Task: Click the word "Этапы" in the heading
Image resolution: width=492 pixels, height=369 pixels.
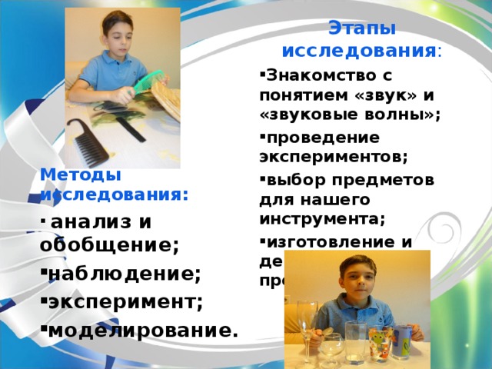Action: [361, 29]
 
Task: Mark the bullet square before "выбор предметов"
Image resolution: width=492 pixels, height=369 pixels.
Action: [263, 178]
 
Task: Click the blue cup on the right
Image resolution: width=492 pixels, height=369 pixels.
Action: [403, 341]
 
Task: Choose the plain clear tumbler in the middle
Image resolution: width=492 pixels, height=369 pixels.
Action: [355, 341]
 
